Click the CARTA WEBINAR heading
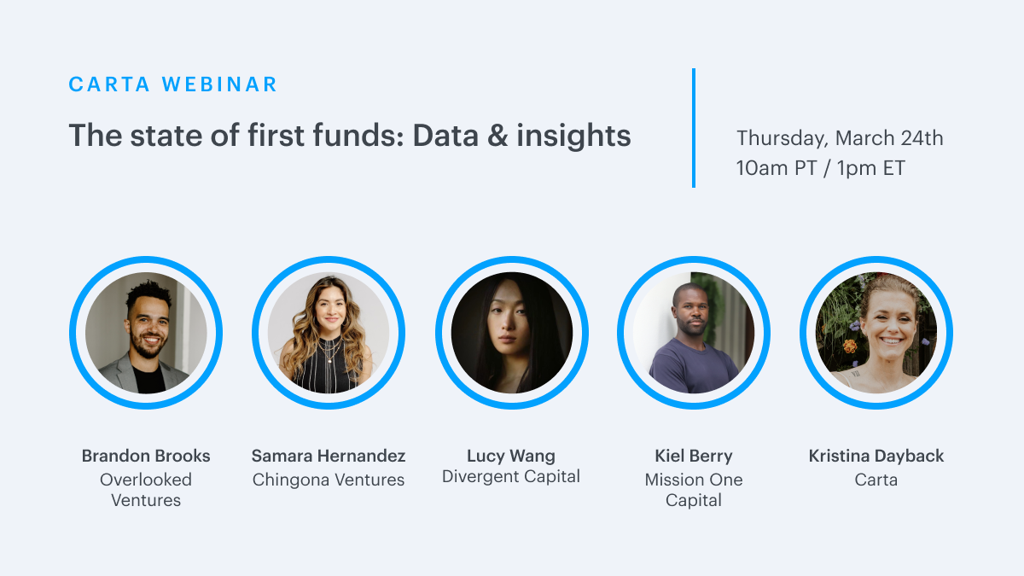pyautogui.click(x=172, y=84)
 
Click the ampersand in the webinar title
pyautogui.click(x=497, y=136)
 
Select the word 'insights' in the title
pyautogui.click(x=573, y=136)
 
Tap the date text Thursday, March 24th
pyautogui.click(x=840, y=138)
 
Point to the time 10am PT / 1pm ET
pyautogui.click(x=821, y=168)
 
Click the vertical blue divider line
pyautogui.click(x=694, y=128)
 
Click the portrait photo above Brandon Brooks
pyautogui.click(x=146, y=333)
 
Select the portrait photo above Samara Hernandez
pyautogui.click(x=329, y=333)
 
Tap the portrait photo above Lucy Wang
pyautogui.click(x=511, y=333)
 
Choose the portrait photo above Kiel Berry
pyautogui.click(x=694, y=333)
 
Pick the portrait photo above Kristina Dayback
pyautogui.click(x=876, y=333)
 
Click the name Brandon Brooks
pyautogui.click(x=146, y=456)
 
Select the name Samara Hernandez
pyautogui.click(x=329, y=456)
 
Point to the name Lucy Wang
pyautogui.click(x=511, y=457)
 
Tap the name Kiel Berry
pyautogui.click(x=694, y=457)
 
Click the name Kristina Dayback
pyautogui.click(x=876, y=457)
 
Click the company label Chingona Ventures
pyautogui.click(x=329, y=480)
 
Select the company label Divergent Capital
pyautogui.click(x=511, y=476)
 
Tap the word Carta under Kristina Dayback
pyautogui.click(x=876, y=480)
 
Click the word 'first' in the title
pyautogui.click(x=276, y=136)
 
